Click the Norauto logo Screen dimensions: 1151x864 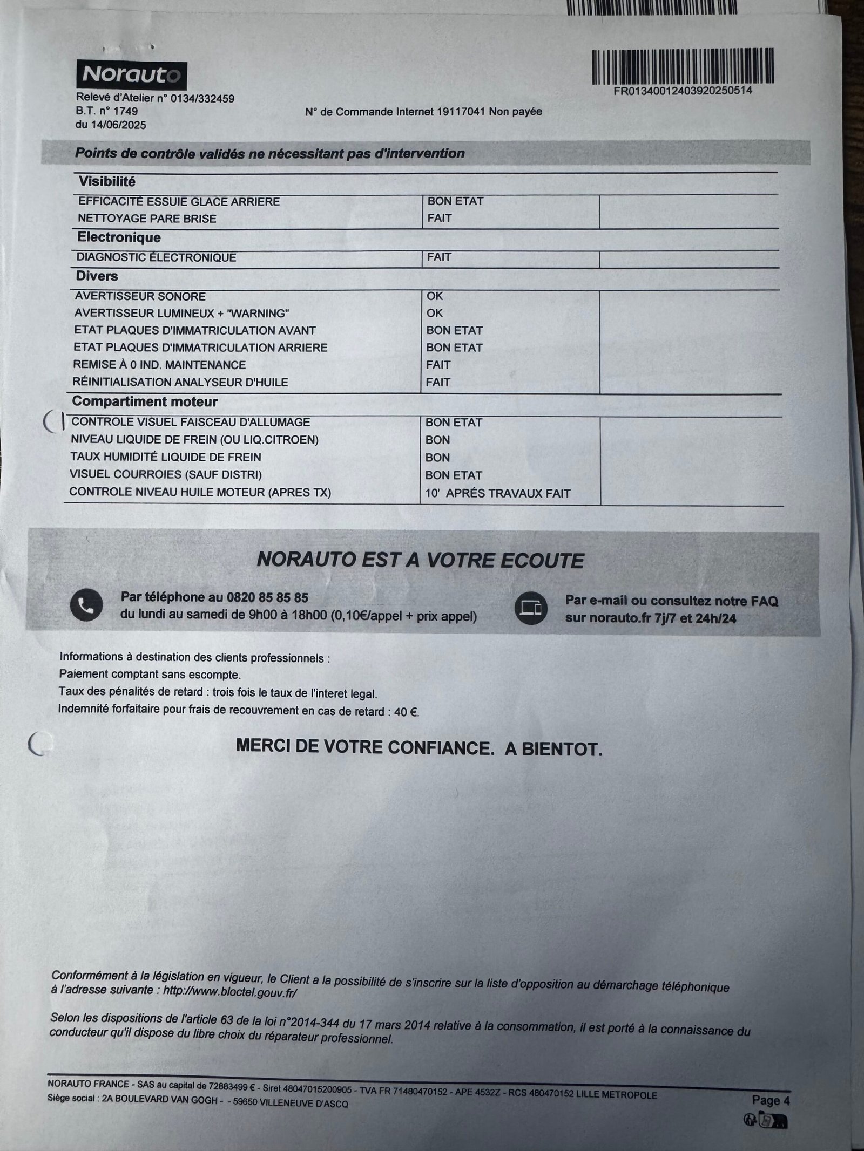[132, 74]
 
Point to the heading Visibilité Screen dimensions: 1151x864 [107, 181]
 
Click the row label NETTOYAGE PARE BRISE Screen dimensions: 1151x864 [147, 219]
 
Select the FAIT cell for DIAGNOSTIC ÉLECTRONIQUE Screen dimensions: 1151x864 [439, 257]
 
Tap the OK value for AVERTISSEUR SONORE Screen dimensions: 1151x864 [435, 296]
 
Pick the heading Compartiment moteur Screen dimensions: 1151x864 [145, 401]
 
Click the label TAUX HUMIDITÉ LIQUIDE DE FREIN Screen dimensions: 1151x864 [166, 457]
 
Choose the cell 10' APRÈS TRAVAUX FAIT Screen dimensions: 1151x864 [497, 493]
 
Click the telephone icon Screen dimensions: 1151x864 [86, 605]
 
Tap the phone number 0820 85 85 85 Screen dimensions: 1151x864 [268, 597]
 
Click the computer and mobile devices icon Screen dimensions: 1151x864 [531, 608]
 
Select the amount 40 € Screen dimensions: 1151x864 [406, 712]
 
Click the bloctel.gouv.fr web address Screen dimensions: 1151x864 [230, 992]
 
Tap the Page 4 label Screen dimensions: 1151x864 [771, 1085]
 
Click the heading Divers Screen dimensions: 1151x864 [97, 276]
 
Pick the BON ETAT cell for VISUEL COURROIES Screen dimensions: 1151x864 [453, 475]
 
